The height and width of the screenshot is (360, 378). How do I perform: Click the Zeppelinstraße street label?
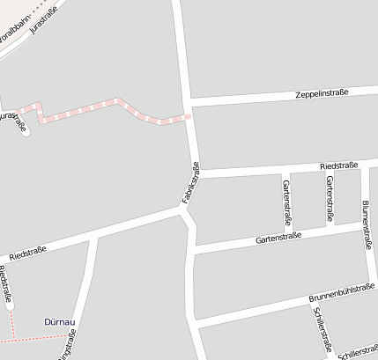click(x=322, y=92)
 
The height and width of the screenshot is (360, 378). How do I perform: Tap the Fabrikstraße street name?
click(x=191, y=184)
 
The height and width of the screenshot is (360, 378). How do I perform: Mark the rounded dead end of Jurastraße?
click(x=25, y=131)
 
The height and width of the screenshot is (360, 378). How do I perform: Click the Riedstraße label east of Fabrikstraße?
click(x=338, y=165)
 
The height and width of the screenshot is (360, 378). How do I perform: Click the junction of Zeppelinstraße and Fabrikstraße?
click(x=189, y=104)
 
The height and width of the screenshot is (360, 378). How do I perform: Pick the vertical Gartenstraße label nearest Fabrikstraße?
click(x=286, y=200)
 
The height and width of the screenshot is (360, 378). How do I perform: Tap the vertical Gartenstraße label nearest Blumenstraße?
click(x=330, y=197)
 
